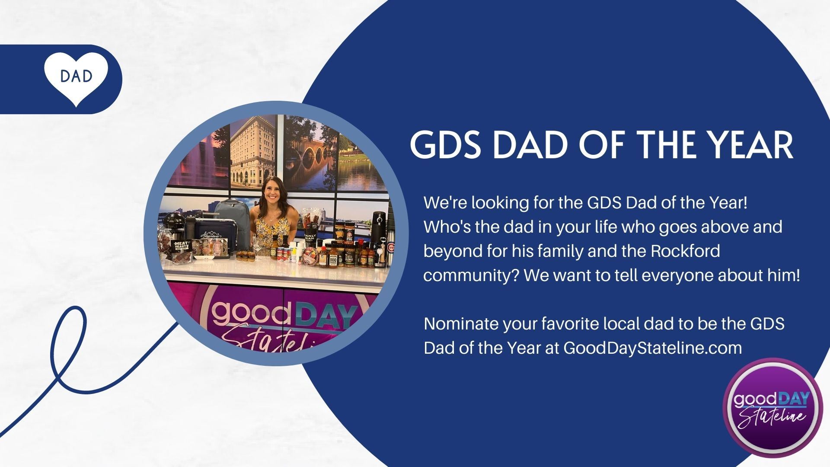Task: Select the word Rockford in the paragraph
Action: tap(685, 251)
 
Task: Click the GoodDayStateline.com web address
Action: tap(653, 348)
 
